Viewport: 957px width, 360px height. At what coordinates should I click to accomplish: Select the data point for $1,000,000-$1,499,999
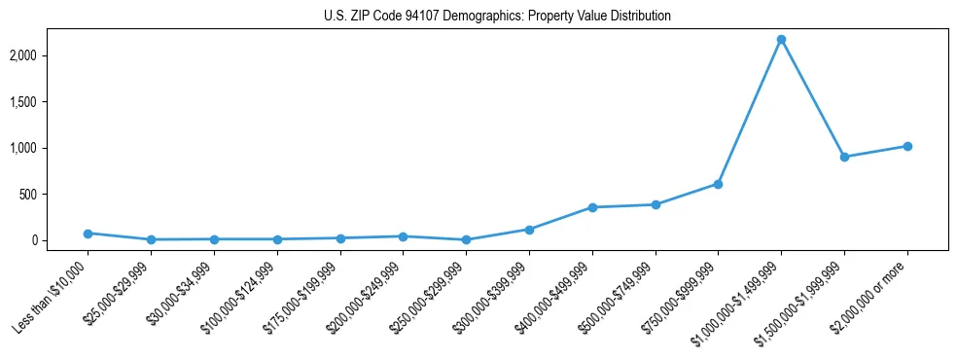[781, 39]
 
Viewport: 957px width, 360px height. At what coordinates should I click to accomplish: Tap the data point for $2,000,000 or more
[907, 146]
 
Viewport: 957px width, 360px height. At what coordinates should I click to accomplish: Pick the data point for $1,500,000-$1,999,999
[844, 157]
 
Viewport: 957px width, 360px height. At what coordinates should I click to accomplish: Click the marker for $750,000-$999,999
[718, 184]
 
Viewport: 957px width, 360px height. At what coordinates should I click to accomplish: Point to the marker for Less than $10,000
[88, 234]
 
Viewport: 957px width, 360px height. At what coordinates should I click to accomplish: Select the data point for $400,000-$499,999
[592, 207]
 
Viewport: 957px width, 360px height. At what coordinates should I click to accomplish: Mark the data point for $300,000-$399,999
[529, 230]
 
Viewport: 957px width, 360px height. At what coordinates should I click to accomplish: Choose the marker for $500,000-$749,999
[656, 204]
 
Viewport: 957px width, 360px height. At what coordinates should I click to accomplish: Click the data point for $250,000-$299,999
[466, 239]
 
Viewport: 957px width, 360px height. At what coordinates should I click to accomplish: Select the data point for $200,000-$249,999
[403, 236]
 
